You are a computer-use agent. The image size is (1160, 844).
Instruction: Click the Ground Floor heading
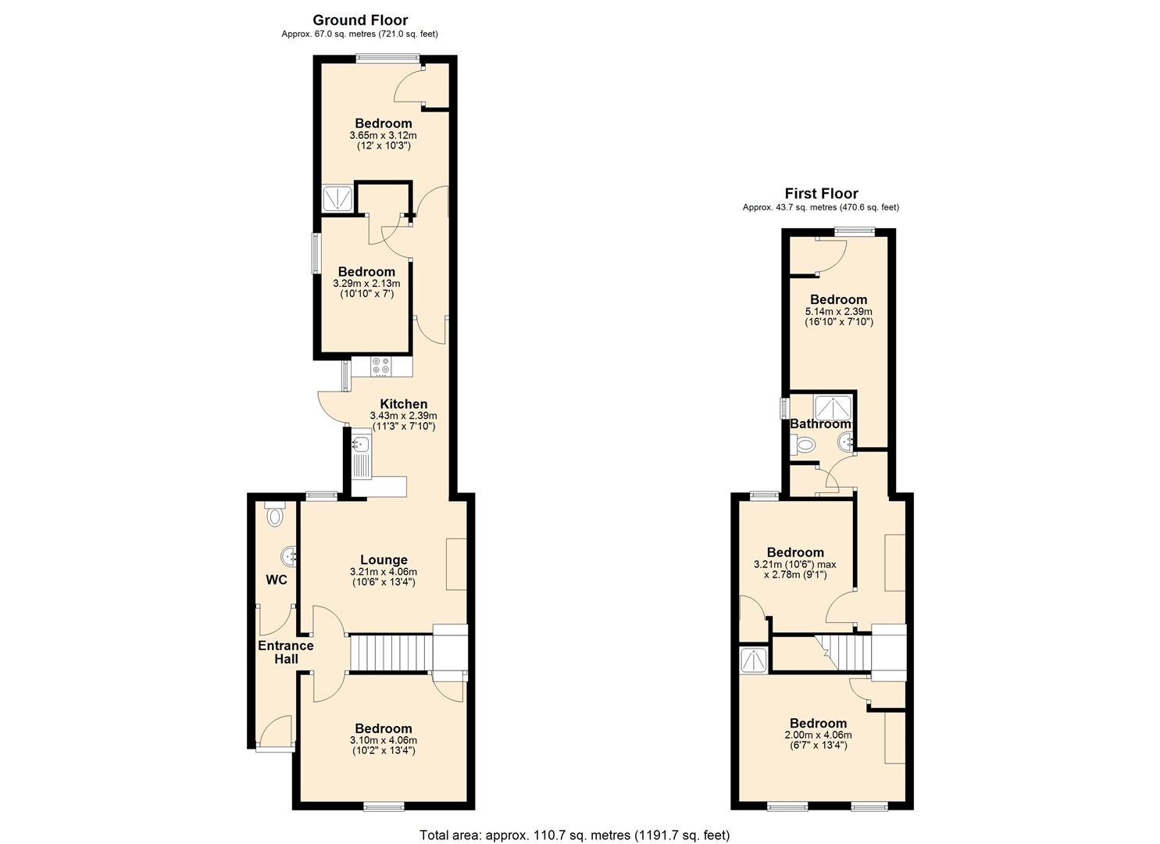(360, 20)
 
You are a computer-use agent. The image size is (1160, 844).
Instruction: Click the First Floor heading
(821, 194)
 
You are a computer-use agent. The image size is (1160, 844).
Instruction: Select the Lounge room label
(384, 560)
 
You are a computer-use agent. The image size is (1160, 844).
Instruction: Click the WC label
(277, 580)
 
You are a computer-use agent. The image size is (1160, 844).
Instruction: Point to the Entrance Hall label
(286, 652)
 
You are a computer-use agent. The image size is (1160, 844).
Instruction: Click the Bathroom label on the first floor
(820, 424)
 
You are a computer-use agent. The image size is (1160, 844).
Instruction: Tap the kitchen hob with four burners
(381, 366)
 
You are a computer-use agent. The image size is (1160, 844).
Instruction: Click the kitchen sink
(361, 445)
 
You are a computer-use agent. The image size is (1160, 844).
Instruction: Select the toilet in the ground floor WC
(274, 515)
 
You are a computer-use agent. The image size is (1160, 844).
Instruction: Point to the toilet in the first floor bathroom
(804, 445)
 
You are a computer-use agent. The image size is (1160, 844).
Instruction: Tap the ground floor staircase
(391, 653)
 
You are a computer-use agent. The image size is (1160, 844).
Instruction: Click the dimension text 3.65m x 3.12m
(384, 135)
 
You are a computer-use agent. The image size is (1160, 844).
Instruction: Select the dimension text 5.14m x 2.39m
(838, 311)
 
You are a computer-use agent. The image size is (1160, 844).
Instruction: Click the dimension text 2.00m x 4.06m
(818, 735)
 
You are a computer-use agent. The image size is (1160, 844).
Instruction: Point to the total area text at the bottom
(574, 835)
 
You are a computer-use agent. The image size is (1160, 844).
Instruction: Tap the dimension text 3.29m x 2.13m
(366, 284)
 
